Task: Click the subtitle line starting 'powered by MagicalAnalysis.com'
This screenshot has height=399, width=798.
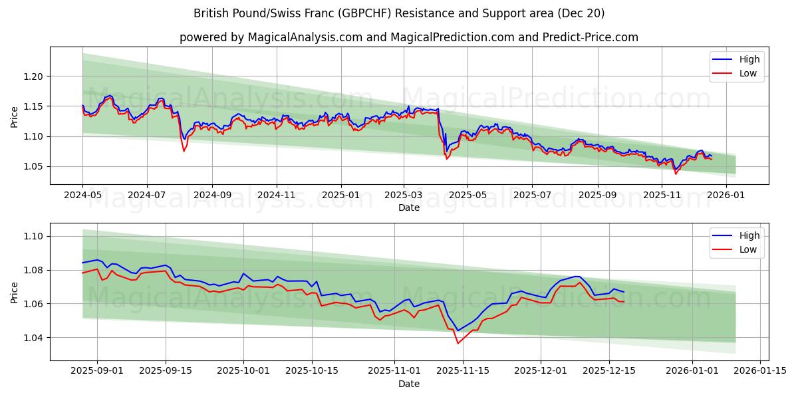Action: tap(408, 37)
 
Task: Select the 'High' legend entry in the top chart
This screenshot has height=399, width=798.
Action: tap(749, 59)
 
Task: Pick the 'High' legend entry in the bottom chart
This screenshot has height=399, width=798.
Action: tap(749, 235)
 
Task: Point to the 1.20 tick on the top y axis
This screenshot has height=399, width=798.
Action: tap(34, 76)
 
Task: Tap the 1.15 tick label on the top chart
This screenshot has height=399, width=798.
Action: tap(34, 106)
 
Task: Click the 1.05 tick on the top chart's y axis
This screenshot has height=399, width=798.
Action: tap(34, 166)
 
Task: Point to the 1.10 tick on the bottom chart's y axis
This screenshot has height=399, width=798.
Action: tap(34, 236)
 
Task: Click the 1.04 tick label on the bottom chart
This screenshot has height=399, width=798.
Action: tap(34, 338)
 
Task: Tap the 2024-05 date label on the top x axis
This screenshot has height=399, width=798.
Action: tap(82, 195)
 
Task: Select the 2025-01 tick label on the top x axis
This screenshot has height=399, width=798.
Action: tap(341, 195)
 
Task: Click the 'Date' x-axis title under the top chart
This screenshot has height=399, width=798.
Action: tap(408, 207)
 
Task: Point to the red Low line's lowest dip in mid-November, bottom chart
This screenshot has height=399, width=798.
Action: tap(458, 343)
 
